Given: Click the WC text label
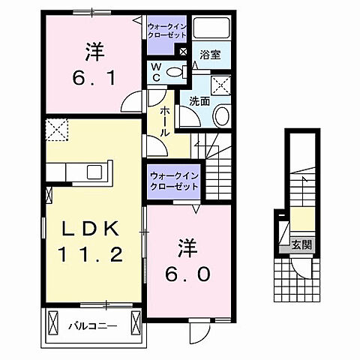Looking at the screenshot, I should [x=156, y=72].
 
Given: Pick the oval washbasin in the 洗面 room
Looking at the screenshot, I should [x=222, y=115].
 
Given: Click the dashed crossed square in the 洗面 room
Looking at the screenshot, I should [x=221, y=85].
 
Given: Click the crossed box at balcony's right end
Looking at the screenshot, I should [x=135, y=323].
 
